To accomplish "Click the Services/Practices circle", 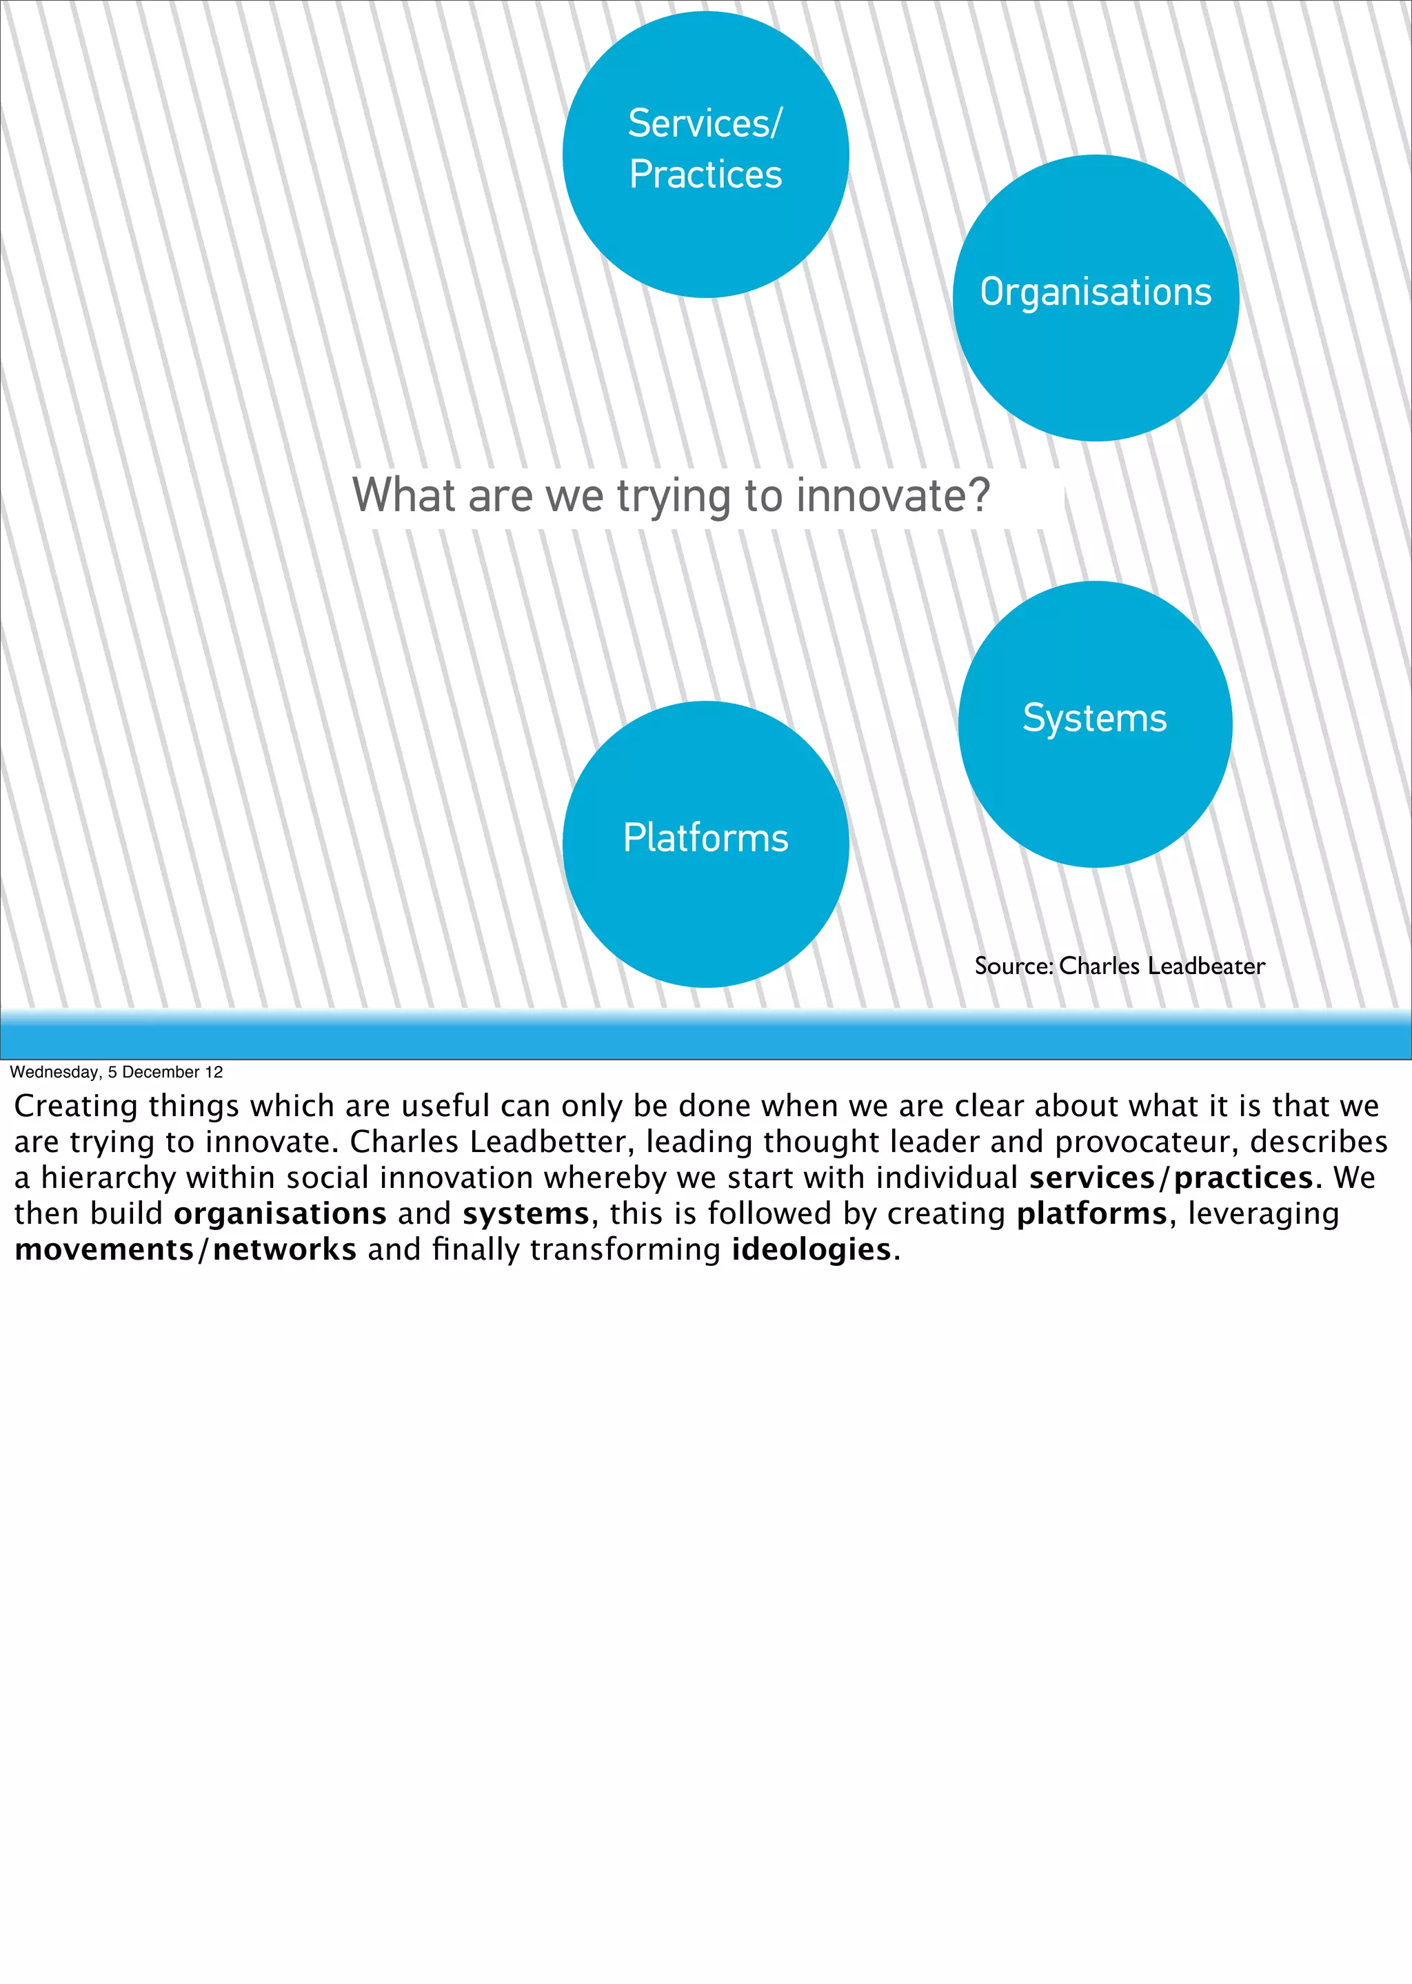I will pyautogui.click(x=705, y=155).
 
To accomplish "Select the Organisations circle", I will pyautogui.click(x=1096, y=297).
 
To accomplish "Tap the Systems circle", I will pyautogui.click(x=1095, y=724).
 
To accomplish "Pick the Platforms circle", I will pyautogui.click(x=705, y=844).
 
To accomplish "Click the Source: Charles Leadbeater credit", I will pyautogui.click(x=1119, y=966).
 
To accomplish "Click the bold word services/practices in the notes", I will pyautogui.click(x=1170, y=1178).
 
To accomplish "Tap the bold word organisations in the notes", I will pyautogui.click(x=280, y=1213).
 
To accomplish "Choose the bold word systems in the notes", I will pyautogui.click(x=526, y=1213).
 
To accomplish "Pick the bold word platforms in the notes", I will pyautogui.click(x=1091, y=1213).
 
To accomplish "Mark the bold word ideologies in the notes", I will pyautogui.click(x=811, y=1250).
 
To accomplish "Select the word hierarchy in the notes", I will pyautogui.click(x=109, y=1178).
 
